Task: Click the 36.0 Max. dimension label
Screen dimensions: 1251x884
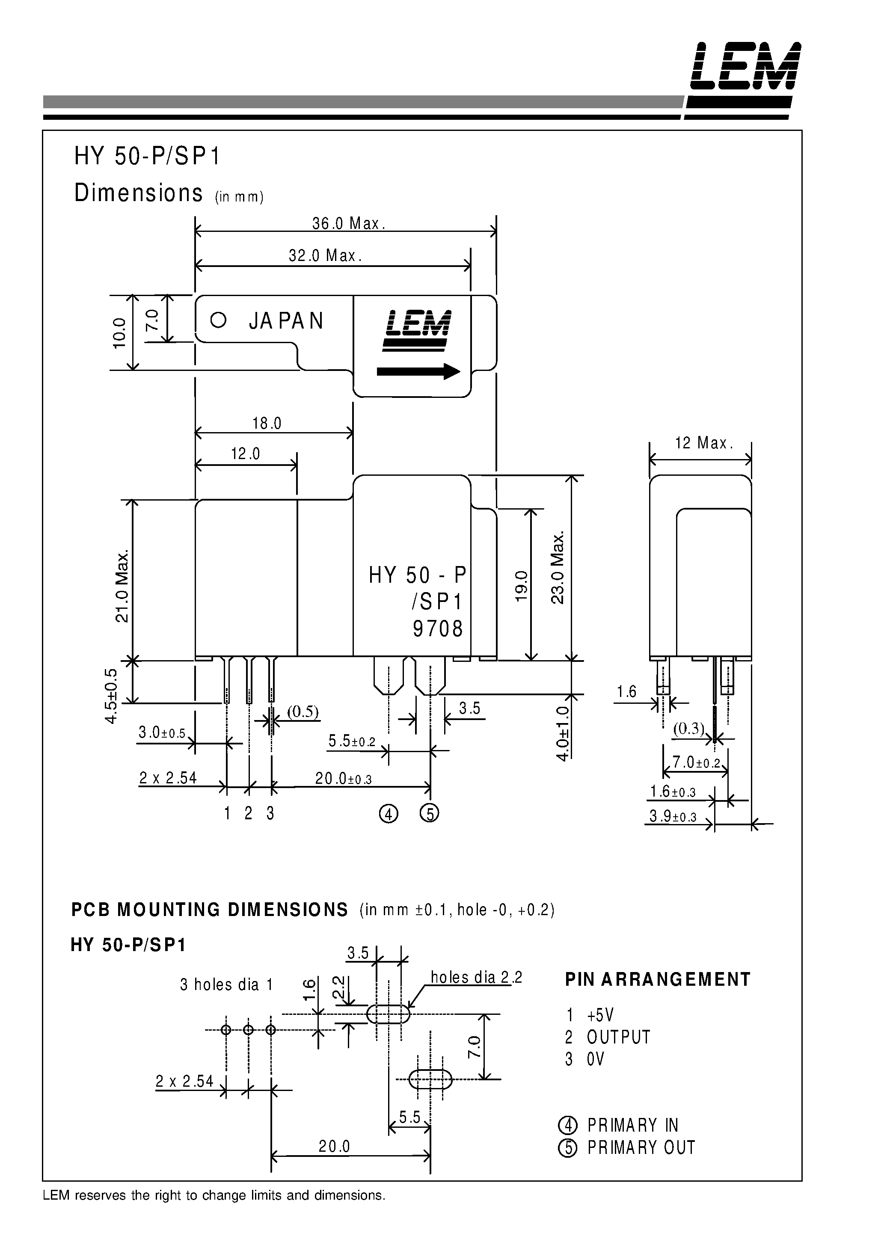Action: pos(348,223)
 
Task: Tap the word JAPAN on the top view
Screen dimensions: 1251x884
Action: pos(286,321)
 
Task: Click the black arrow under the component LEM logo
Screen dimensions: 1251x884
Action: pos(418,372)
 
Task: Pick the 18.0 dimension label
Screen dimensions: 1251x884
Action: pos(267,424)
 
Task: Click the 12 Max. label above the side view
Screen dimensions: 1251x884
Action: pos(703,443)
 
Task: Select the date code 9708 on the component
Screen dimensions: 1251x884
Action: pos(438,629)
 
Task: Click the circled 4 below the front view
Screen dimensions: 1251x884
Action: pos(388,814)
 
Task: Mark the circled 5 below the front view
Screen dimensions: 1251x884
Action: pos(430,814)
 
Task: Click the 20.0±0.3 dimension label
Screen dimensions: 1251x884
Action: pos(343,779)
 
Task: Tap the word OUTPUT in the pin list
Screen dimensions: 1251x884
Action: pos(619,1037)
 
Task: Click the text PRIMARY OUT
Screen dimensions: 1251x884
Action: pos(641,1147)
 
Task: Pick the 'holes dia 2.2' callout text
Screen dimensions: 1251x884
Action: pos(476,977)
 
